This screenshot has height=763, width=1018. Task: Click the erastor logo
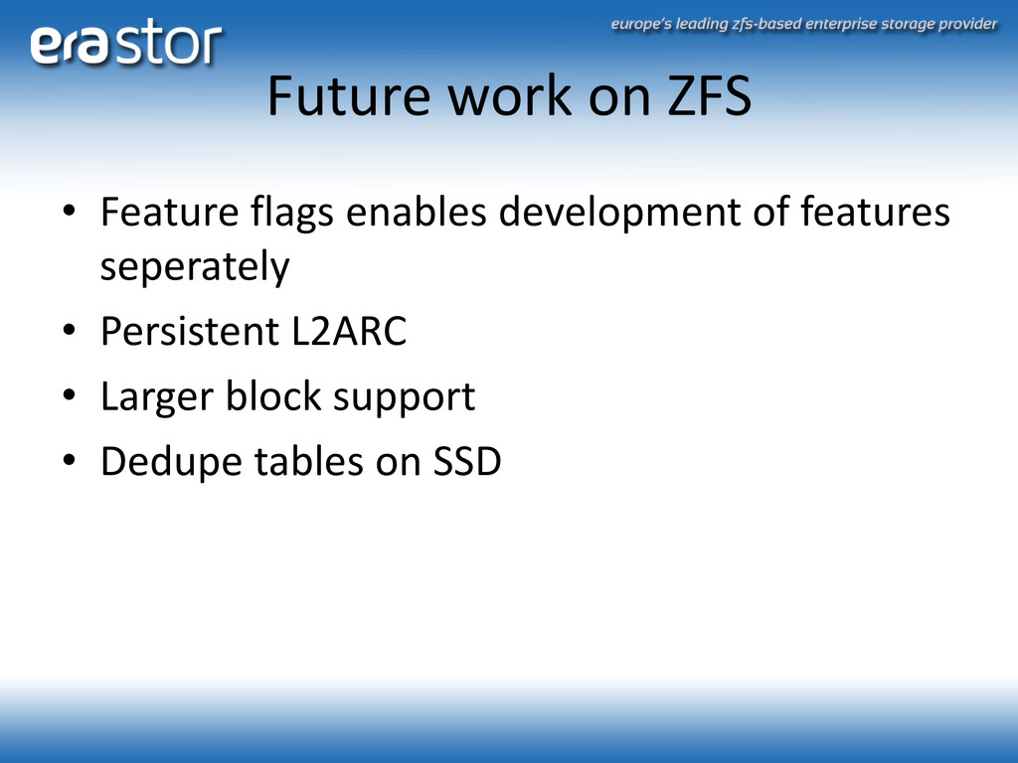(126, 42)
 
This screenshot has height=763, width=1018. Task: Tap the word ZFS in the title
(710, 95)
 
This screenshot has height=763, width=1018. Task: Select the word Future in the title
(349, 95)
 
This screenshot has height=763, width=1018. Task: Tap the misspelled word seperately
(195, 267)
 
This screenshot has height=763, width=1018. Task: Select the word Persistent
(190, 331)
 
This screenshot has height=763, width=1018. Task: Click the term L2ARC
(349, 331)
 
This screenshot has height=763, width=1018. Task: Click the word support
(404, 397)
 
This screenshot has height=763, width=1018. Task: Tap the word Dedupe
(171, 463)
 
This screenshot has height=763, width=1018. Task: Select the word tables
(308, 461)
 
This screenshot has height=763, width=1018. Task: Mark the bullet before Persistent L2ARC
(70, 330)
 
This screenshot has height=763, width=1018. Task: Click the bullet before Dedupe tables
(70, 460)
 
